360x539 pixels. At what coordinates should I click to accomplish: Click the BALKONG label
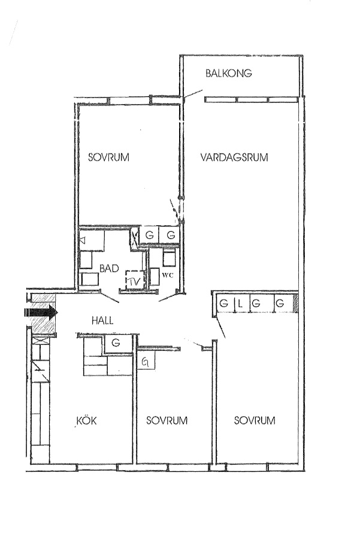tap(229, 73)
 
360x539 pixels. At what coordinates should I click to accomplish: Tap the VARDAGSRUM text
tap(234, 158)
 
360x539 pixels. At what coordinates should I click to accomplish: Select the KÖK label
tap(86, 420)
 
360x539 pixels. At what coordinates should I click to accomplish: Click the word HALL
tap(102, 321)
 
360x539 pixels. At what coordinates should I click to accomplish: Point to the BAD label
tap(110, 268)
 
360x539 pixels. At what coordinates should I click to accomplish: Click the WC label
tap(168, 275)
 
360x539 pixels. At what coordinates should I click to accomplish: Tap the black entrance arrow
tap(41, 313)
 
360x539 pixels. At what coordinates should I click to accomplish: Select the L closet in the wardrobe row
tap(240, 304)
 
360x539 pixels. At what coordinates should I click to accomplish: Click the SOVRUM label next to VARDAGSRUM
tap(108, 158)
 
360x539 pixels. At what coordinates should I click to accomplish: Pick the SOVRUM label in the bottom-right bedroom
tap(255, 420)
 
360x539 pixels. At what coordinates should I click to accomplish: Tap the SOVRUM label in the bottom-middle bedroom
tap(167, 420)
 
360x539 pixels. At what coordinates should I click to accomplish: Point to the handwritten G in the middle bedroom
tap(146, 362)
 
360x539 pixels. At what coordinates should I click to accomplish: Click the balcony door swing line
tap(192, 95)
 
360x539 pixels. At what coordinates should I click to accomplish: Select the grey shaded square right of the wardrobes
tap(295, 304)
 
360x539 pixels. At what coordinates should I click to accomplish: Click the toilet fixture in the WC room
tap(169, 258)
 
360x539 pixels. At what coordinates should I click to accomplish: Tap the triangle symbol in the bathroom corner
tap(83, 240)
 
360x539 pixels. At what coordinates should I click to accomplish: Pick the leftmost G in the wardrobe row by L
tap(224, 304)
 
